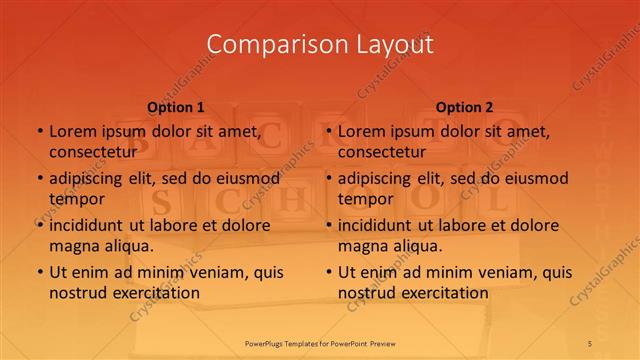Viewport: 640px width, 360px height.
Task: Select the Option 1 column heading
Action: [x=176, y=106]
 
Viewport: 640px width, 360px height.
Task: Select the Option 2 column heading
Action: [x=465, y=106]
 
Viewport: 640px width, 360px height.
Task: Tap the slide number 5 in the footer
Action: [x=591, y=343]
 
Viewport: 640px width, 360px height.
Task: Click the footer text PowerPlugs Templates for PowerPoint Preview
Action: [x=320, y=343]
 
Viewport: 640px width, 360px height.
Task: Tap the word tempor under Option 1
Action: [x=77, y=199]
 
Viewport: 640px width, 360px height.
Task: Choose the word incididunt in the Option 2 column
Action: [x=381, y=225]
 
